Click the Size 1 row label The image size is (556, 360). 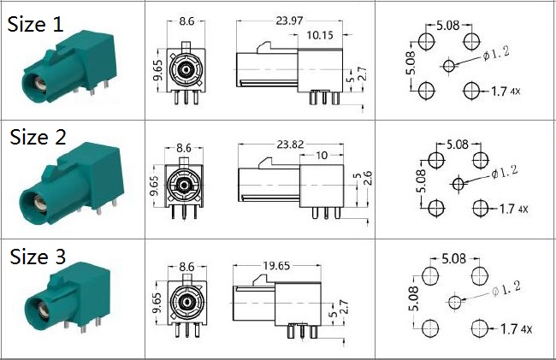point(35,25)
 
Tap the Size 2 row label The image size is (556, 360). point(38,137)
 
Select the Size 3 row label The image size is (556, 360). point(38,257)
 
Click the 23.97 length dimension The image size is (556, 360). point(289,21)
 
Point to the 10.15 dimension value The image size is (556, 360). point(320,35)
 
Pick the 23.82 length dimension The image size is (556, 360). point(291,145)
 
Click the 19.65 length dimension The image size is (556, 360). point(276,265)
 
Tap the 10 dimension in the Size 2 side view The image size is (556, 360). point(322,155)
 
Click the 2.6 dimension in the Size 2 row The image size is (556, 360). point(368,178)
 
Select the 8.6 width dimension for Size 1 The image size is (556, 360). point(186,21)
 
